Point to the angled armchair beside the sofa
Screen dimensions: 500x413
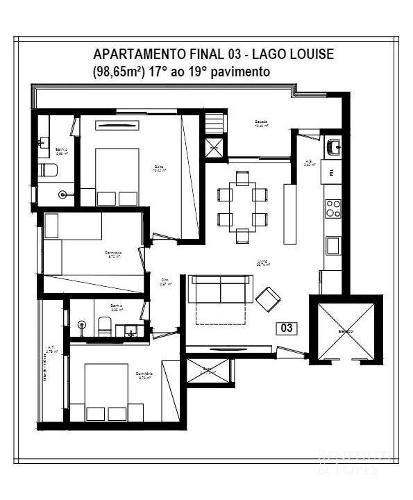[268, 299]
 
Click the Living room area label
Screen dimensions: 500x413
[263, 263]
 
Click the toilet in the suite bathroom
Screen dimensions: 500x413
[49, 170]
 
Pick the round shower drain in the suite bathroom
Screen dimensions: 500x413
[65, 195]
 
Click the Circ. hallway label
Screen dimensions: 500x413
[165, 282]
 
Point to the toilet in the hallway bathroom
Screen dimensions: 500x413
[105, 324]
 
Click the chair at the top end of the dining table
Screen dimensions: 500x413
[242, 178]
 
